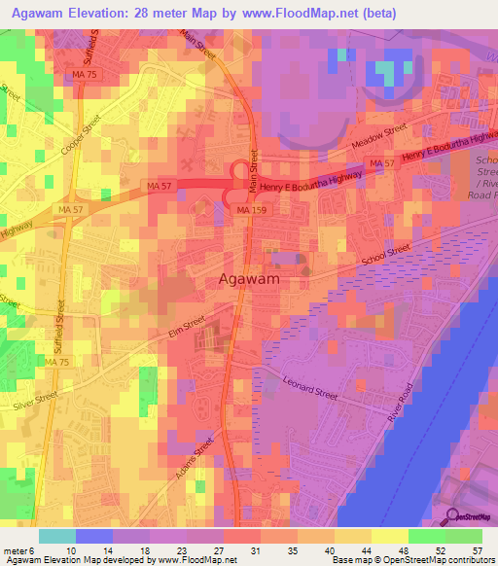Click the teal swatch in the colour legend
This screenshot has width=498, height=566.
(56, 536)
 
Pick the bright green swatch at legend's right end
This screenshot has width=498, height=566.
(464, 536)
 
